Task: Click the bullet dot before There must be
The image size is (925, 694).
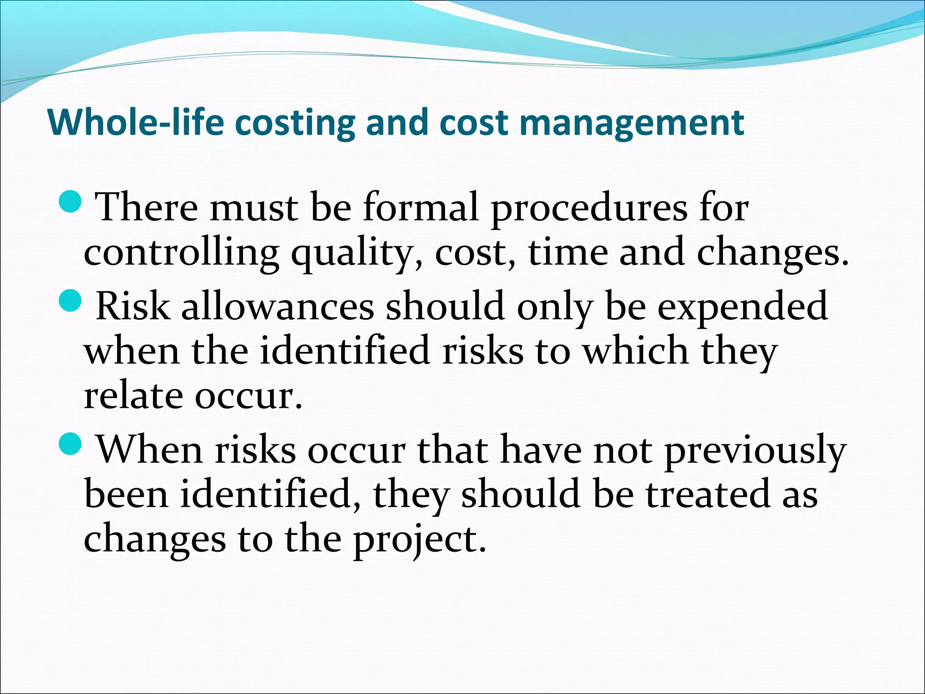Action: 70,202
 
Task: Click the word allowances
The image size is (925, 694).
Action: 277,306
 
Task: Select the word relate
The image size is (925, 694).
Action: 133,395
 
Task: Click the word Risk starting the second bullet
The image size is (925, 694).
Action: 133,306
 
